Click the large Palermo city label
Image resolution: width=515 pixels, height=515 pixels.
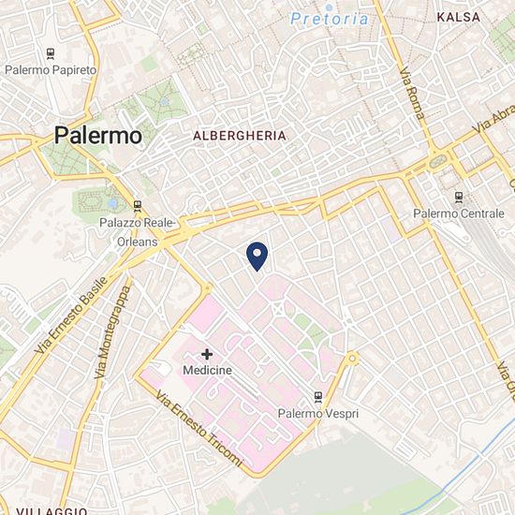click(98, 135)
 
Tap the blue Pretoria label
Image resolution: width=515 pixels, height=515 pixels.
click(329, 18)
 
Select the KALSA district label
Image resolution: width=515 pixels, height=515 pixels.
click(459, 17)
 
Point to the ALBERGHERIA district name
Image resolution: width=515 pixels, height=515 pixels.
click(239, 136)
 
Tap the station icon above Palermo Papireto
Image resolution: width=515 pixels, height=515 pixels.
click(48, 53)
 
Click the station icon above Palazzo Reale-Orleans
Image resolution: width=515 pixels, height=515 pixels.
click(138, 205)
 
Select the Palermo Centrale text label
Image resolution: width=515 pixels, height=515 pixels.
click(458, 213)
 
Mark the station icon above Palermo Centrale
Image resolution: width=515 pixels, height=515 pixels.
click(458, 197)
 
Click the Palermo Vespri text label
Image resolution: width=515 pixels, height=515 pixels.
click(318, 413)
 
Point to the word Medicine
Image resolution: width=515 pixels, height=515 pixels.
click(208, 371)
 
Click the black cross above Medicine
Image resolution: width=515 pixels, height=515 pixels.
click(207, 354)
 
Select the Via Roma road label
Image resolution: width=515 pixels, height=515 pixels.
click(412, 95)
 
